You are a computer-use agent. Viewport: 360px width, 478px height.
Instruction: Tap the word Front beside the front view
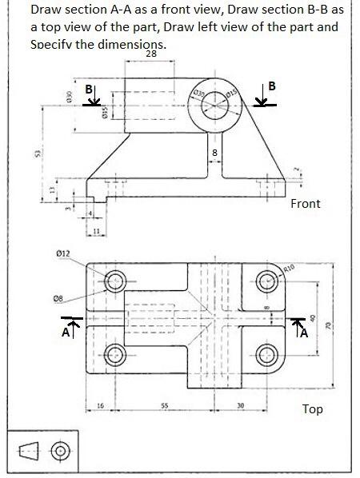(305, 204)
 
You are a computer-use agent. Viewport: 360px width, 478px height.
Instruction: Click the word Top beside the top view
(312, 409)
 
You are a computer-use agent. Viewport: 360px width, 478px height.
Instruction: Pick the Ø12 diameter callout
(63, 253)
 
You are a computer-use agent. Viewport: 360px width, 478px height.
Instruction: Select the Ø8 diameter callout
(58, 298)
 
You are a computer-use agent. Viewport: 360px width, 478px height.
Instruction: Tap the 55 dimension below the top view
(164, 405)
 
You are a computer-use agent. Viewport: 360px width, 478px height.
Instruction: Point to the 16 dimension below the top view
(100, 405)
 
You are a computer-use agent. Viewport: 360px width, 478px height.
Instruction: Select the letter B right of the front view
(272, 86)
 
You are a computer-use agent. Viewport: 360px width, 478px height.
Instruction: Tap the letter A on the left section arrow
(66, 334)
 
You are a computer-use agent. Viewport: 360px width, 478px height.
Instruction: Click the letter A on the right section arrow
(303, 333)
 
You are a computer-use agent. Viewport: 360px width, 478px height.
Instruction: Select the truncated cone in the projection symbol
(30, 452)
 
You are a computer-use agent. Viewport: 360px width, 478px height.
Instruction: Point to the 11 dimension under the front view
(96, 231)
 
